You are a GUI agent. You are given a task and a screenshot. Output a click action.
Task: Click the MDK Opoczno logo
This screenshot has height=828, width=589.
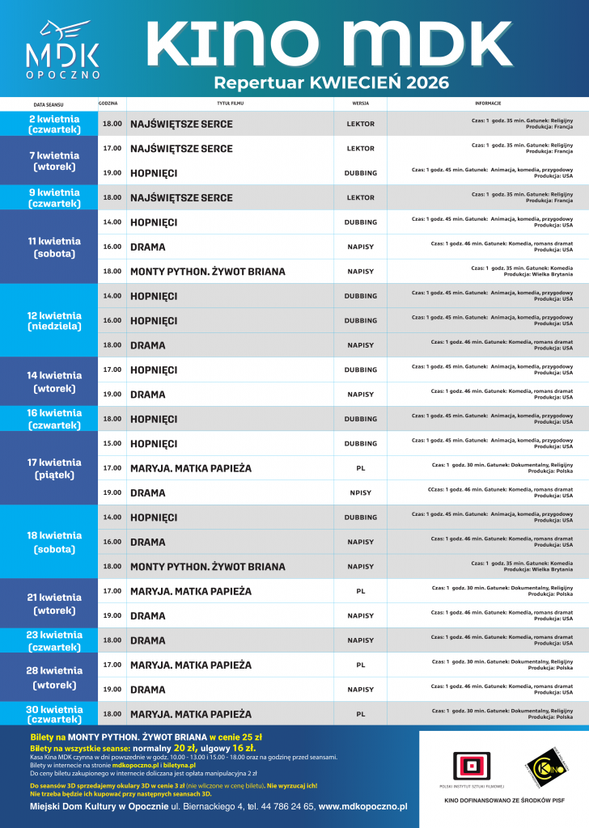pos(62,49)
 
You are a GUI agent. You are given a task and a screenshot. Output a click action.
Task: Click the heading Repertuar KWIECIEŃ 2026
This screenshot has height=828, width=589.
pos(331,82)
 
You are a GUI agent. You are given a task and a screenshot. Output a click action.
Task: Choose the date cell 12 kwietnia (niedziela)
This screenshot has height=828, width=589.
pos(54,320)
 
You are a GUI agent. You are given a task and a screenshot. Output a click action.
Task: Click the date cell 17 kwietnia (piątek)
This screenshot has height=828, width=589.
pos(54,468)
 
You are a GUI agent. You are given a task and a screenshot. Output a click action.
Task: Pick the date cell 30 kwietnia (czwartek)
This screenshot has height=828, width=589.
pos(54,714)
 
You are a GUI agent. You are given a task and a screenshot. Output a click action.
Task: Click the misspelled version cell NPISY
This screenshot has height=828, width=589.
pos(361,492)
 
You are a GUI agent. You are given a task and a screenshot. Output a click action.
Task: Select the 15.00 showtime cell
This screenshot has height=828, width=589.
pos(112,443)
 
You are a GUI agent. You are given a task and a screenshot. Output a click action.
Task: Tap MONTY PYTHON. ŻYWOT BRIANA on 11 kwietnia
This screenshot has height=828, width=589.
pos(208,272)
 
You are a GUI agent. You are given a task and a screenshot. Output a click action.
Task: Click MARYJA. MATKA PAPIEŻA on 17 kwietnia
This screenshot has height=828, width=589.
pos(191,468)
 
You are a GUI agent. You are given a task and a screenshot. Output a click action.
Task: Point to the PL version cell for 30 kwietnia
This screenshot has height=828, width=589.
pos(361,714)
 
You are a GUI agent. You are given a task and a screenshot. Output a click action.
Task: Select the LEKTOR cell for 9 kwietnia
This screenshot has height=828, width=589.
pos(361,197)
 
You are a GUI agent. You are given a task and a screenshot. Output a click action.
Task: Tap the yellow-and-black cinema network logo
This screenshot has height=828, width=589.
pos(540,764)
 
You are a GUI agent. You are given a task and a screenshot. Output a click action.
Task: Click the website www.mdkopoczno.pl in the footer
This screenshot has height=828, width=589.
pos(362,806)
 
